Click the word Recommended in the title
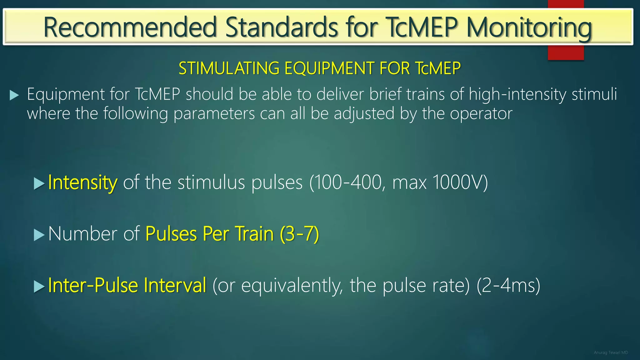(130, 27)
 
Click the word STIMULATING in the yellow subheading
(229, 68)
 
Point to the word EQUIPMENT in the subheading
(329, 68)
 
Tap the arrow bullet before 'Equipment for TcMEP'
(14, 95)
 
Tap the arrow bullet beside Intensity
(39, 184)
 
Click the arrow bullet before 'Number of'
(39, 235)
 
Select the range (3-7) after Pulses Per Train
(299, 234)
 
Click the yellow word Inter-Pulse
(93, 285)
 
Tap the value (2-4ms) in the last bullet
(508, 285)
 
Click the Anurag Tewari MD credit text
(611, 352)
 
